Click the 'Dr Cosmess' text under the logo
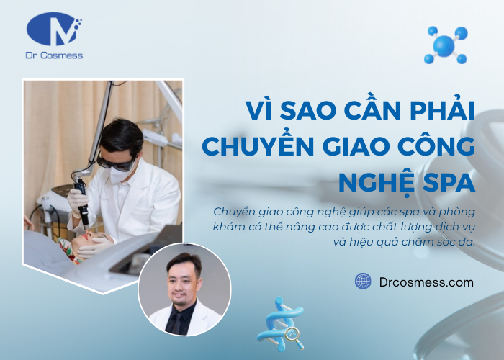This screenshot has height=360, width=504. click(x=54, y=55)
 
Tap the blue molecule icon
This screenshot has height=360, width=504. click(x=447, y=44)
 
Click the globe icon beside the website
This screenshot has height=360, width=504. click(x=363, y=282)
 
